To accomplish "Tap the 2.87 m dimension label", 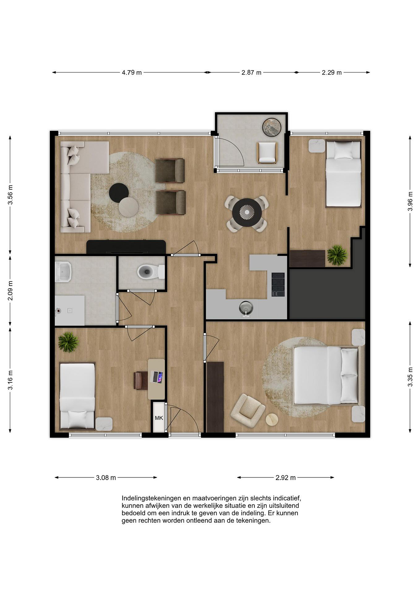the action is pos(251,72).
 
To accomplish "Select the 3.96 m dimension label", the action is pos(410,201).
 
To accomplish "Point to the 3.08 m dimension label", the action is pos(106,478).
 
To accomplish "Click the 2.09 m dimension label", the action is pos(10,291).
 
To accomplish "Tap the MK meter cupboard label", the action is pos(159,418).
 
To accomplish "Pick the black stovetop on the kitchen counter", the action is pos(278,284).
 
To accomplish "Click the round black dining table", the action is pos(247,212).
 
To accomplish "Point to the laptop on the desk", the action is pos(157,377).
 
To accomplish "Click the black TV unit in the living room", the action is pos(126,247).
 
